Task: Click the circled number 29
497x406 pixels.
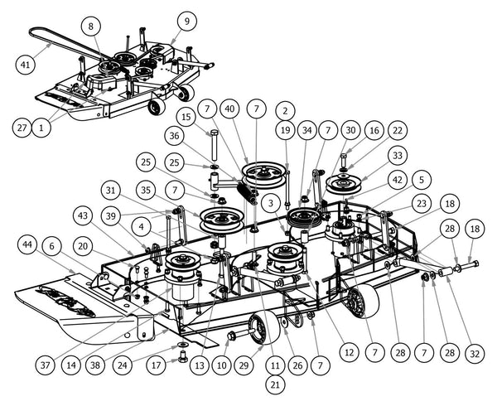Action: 244,365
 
